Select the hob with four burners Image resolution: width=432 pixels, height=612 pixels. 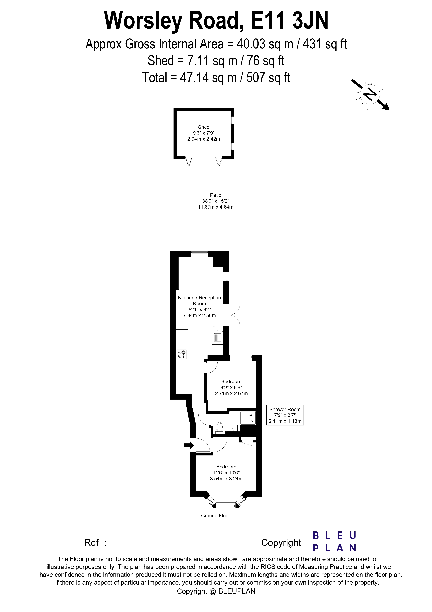[x=182, y=354]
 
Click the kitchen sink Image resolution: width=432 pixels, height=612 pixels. [x=217, y=334]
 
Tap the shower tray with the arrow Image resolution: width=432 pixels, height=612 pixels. [x=248, y=418]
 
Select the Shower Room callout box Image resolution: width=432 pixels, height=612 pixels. [x=285, y=415]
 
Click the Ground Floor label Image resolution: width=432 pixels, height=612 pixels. [x=215, y=516]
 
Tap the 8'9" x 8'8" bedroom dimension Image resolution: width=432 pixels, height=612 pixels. [x=231, y=387]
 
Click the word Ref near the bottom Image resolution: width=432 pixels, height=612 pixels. [x=91, y=542]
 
